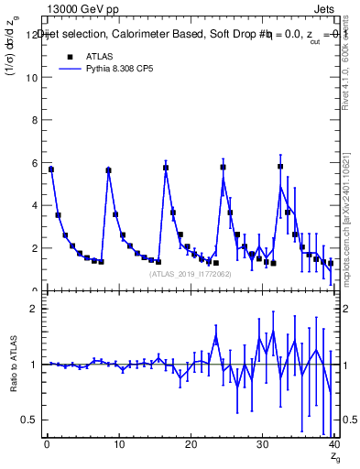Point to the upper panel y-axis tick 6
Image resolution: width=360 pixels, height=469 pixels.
(x=34, y=163)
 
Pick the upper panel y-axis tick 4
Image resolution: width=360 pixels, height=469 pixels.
(x=34, y=206)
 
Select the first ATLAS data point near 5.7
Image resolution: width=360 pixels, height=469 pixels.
(x=51, y=169)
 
